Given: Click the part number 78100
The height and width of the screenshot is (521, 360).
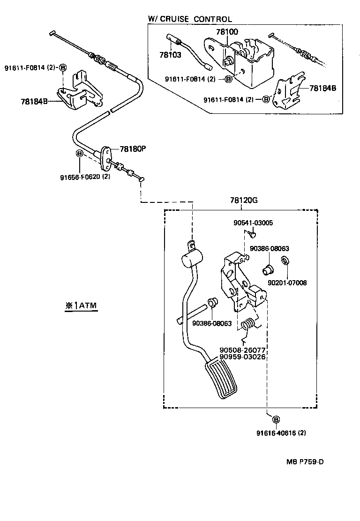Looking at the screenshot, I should click(227, 32).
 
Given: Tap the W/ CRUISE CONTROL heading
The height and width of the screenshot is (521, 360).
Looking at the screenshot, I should click(190, 19).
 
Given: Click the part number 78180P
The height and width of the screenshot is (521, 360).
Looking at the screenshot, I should click(133, 149).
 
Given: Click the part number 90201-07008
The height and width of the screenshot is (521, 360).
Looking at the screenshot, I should click(287, 283).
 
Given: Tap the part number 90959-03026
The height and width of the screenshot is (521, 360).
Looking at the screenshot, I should click(242, 357).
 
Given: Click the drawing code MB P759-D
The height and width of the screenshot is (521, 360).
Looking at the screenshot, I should click(305, 461).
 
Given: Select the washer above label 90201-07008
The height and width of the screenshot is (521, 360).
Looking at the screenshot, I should click(285, 260).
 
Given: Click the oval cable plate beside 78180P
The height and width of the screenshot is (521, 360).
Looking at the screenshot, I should click(107, 157).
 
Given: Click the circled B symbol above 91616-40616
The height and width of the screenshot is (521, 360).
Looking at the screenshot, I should click(276, 419).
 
